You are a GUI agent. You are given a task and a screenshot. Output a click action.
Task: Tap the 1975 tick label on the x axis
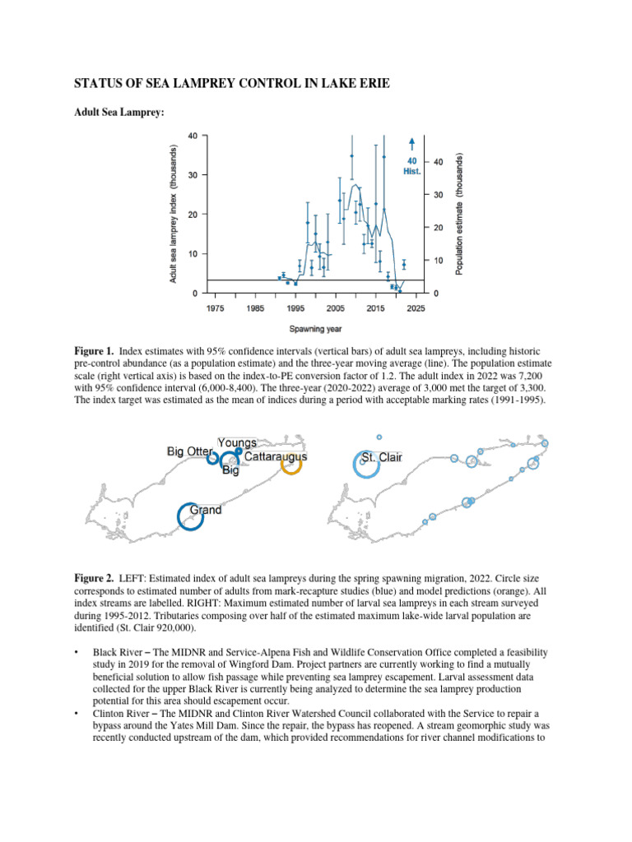pos(214,308)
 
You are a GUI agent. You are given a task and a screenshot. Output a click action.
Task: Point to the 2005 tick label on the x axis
pos(335,308)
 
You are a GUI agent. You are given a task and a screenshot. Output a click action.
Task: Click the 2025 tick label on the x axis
pos(416,308)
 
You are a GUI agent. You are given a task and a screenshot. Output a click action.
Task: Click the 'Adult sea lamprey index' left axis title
pos(174,214)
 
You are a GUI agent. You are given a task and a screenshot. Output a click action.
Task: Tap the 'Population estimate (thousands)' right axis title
pos(459,214)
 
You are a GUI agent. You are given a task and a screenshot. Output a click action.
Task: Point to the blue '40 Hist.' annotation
pos(412,167)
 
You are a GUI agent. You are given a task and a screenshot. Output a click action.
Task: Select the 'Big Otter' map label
pos(190,451)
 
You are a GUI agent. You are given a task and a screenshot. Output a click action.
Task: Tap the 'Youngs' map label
pos(237,442)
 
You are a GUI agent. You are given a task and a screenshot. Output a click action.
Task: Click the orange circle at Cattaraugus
pos(291,465)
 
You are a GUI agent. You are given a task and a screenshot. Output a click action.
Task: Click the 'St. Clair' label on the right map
pos(382,457)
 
